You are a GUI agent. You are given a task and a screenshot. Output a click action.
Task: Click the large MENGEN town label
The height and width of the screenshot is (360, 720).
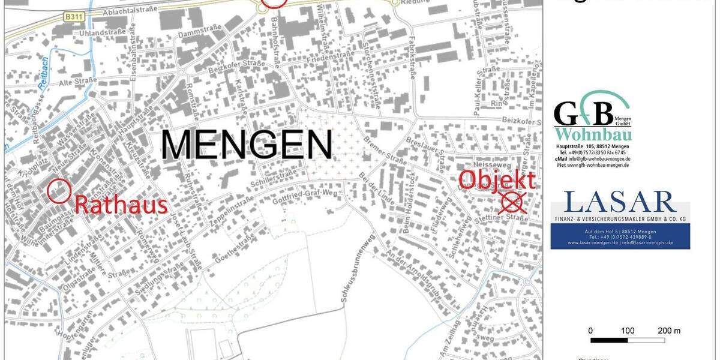pyautogui.click(x=247, y=145)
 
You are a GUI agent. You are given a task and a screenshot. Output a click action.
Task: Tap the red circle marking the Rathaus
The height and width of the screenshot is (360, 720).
pyautogui.click(x=59, y=191)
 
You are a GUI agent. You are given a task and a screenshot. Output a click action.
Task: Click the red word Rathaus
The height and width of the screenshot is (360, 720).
pyautogui.click(x=121, y=205)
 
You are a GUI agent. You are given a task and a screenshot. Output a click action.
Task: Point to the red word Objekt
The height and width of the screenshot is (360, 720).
pyautogui.click(x=497, y=179)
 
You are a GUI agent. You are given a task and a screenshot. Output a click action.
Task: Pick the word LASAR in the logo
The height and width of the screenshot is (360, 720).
pyautogui.click(x=619, y=202)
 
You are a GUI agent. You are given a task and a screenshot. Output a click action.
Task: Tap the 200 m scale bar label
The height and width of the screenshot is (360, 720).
pyautogui.click(x=668, y=331)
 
